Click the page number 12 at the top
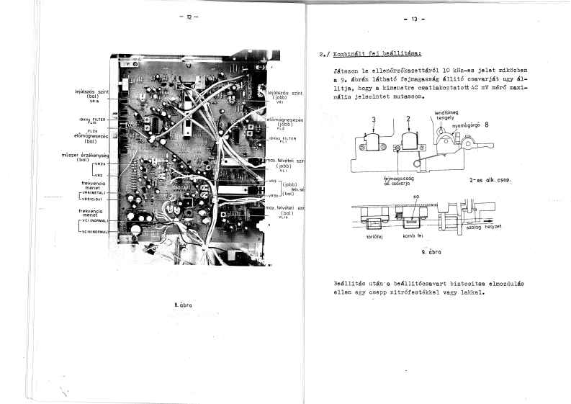[x=189, y=17]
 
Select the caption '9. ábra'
[x=431, y=253]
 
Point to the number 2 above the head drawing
[x=408, y=119]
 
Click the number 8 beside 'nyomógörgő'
[x=487, y=125]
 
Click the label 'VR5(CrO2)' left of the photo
[x=94, y=199]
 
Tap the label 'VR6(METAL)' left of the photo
[x=94, y=193]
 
